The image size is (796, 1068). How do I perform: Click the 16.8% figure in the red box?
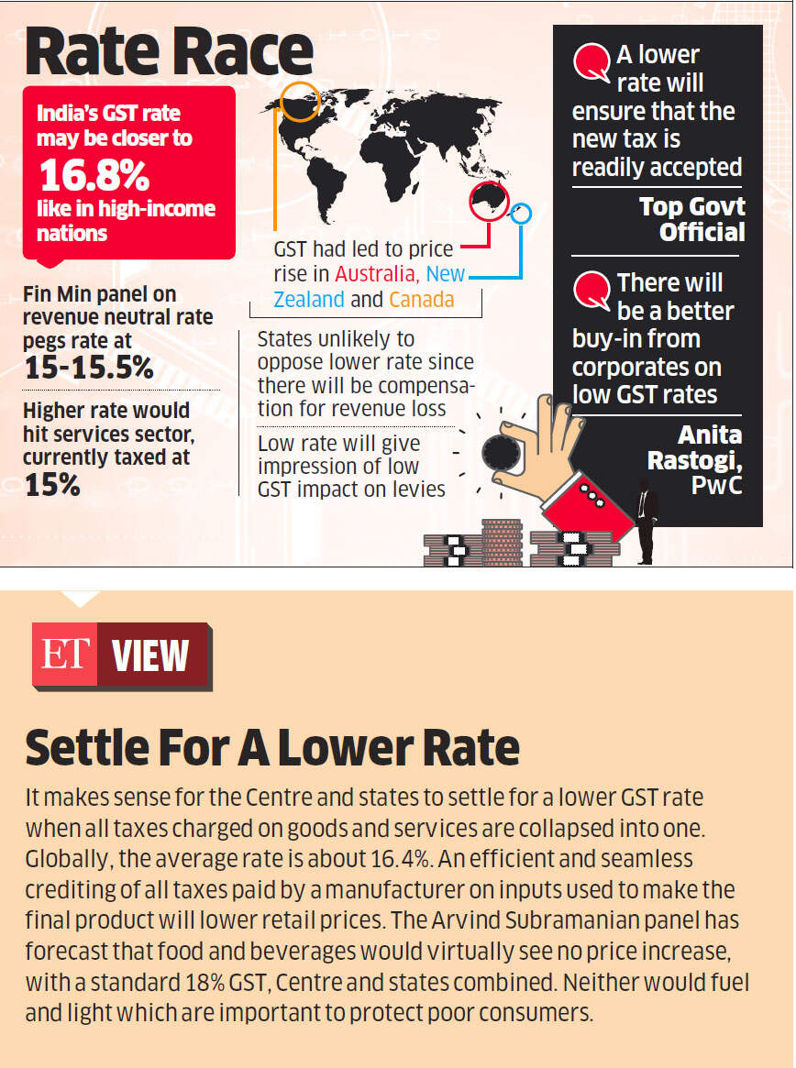[94, 177]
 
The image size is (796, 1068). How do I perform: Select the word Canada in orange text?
[421, 300]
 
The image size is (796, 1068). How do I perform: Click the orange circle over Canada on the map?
[300, 101]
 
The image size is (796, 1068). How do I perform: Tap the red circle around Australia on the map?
[487, 202]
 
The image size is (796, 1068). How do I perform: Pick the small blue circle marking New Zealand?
[521, 215]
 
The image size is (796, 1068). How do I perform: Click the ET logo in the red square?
[63, 655]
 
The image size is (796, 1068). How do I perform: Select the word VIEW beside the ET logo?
[150, 656]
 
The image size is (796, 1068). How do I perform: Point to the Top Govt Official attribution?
[693, 218]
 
